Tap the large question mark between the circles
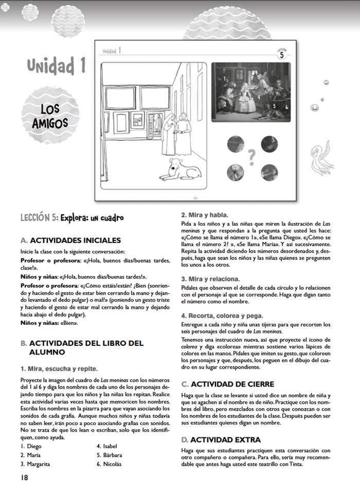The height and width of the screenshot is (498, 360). [252, 155]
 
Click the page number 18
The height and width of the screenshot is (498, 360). [24, 477]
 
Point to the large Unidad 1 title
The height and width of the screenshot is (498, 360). [57, 66]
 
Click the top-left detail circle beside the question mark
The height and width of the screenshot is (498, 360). [236, 144]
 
